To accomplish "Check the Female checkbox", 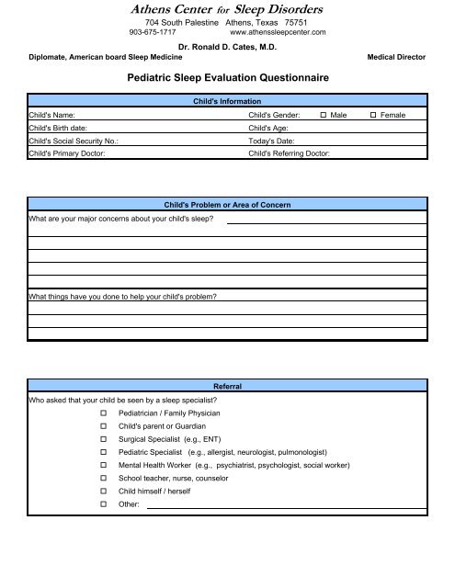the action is coord(372,114).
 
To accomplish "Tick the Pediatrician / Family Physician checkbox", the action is coord(104,414).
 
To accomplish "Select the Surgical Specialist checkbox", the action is coord(104,440).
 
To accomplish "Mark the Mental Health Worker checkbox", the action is coord(104,467).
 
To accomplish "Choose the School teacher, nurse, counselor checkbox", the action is coord(104,480).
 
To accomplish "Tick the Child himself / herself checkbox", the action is coord(104,492).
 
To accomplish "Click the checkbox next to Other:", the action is coord(104,505).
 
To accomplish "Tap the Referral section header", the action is coord(226,387).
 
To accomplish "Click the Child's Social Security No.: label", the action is coord(73,141).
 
